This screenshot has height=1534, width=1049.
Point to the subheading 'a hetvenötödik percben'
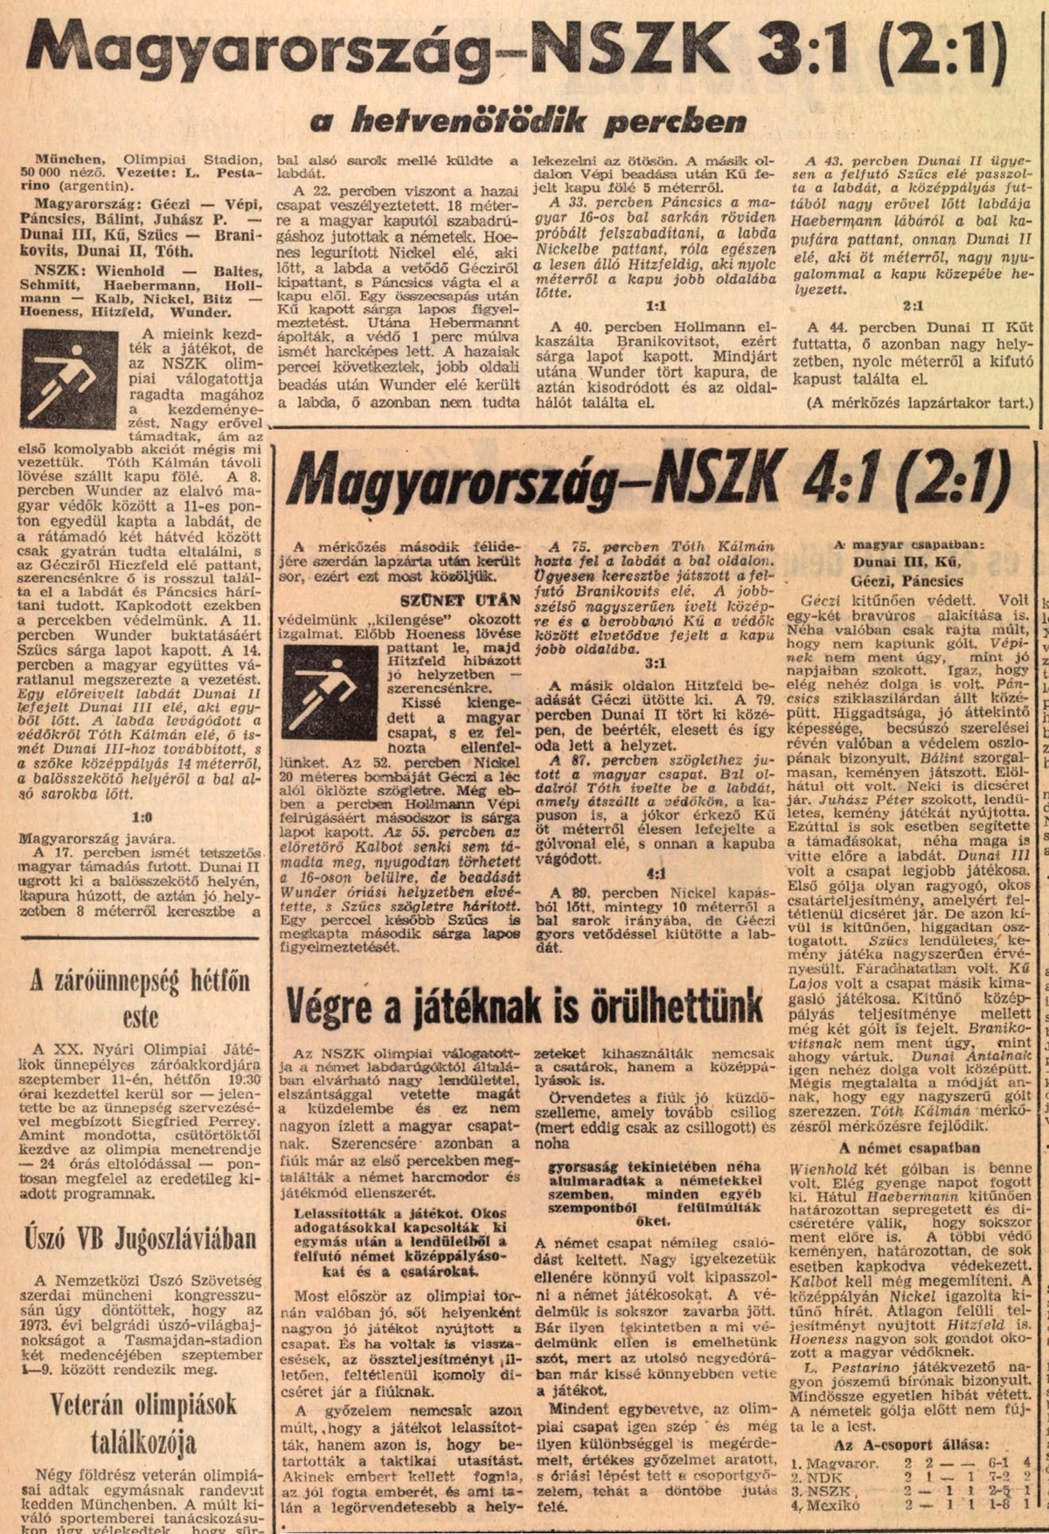(516, 121)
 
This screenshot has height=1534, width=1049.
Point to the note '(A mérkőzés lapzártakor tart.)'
(909, 403)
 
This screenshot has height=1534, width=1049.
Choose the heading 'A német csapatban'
(909, 1148)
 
